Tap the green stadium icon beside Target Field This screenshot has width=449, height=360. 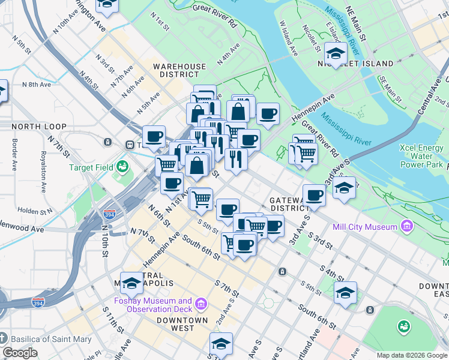tap(123, 165)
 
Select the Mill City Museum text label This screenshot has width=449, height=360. tap(365, 227)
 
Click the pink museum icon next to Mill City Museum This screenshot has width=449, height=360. tap(408, 227)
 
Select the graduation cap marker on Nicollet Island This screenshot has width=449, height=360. tap(336, 53)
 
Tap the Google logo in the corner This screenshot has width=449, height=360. tap(20, 353)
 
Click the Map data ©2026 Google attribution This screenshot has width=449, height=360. tap(411, 355)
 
